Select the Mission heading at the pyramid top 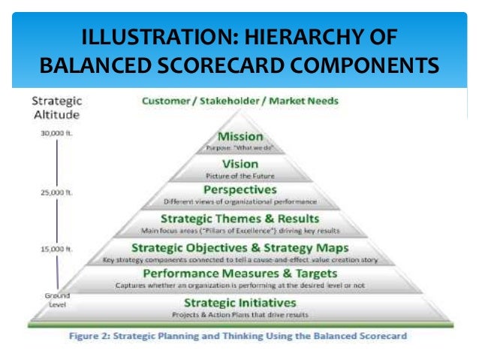[240, 136]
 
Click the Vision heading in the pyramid [240, 163]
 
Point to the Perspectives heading [240, 190]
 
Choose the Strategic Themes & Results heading [240, 218]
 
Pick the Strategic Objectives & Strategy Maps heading [240, 247]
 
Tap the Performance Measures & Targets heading [240, 274]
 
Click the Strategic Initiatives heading [240, 301]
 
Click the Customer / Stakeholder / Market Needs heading [240, 101]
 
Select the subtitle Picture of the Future [240, 175]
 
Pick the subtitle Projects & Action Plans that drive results [240, 314]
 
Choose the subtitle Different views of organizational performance [240, 202]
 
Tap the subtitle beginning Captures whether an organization [240, 286]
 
